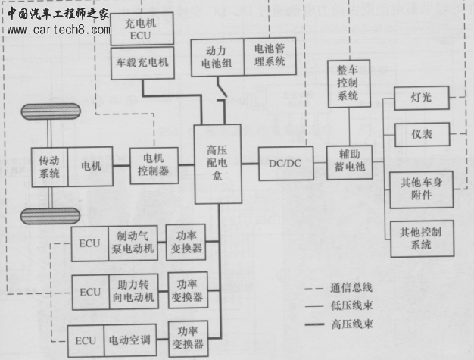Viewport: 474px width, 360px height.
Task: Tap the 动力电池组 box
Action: [217, 56]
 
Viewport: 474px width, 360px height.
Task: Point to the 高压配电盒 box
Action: [217, 164]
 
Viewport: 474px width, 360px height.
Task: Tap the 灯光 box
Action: [422, 99]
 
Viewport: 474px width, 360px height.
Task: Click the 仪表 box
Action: [422, 134]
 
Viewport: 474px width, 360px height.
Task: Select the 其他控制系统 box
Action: [422, 238]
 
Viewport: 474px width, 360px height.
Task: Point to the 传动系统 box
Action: [50, 164]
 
